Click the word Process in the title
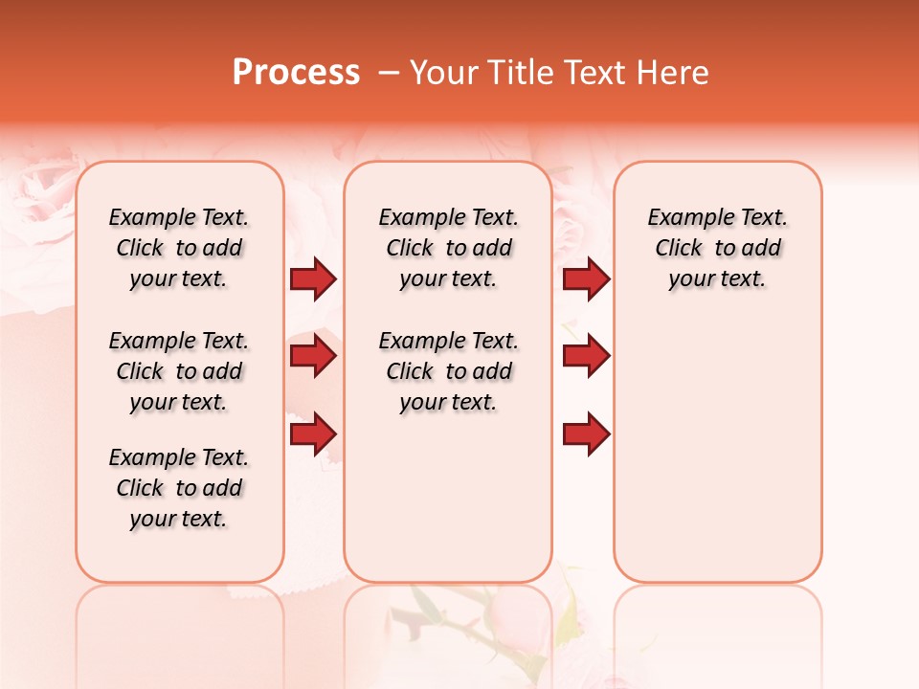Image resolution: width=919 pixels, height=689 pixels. tap(296, 72)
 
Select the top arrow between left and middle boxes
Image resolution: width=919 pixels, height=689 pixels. tap(313, 279)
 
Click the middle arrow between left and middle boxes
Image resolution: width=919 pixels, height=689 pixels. tap(313, 357)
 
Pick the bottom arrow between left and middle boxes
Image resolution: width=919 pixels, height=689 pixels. tap(313, 434)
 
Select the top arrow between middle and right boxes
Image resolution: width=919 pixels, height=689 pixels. tap(586, 279)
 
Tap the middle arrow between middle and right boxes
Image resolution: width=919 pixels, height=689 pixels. tap(586, 357)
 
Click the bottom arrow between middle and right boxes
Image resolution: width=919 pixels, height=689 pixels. tap(586, 434)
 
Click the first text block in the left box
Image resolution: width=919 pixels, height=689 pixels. tap(179, 248)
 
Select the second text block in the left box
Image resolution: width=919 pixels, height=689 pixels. tap(179, 371)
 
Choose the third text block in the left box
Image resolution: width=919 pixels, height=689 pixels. tap(179, 488)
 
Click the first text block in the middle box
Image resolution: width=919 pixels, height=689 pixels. tap(448, 248)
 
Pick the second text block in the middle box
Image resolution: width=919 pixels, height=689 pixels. tap(448, 371)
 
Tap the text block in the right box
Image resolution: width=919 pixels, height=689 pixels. tap(717, 248)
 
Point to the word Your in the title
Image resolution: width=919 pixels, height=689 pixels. tap(443, 72)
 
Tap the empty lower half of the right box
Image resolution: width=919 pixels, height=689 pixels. tap(717, 459)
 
